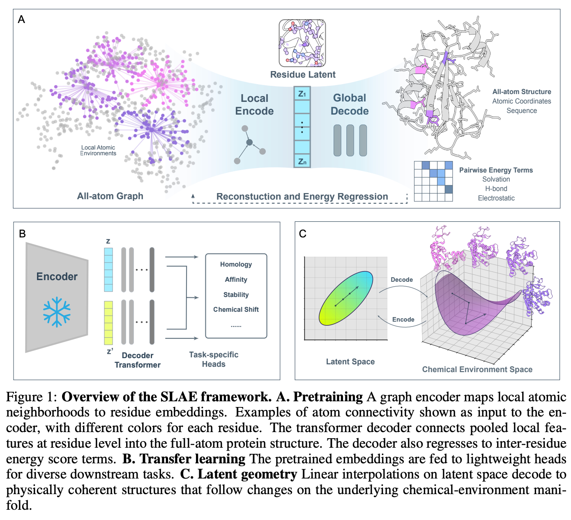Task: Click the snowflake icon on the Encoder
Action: tap(57, 312)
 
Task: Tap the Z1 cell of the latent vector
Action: tap(302, 94)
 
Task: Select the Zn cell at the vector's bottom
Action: tap(302, 161)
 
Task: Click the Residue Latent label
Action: tap(303, 74)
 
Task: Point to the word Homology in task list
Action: tap(236, 265)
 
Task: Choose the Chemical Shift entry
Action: tap(236, 310)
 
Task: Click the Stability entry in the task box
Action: tap(236, 295)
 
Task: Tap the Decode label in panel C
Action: tap(401, 280)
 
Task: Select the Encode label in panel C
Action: tap(403, 320)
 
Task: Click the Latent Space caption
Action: tap(350, 361)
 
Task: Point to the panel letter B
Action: tap(22, 234)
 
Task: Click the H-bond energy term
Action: tap(496, 189)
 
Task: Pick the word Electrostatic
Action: tap(496, 198)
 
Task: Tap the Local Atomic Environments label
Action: tap(98, 150)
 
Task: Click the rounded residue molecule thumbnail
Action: tap(302, 43)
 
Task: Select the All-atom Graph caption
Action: tap(110, 196)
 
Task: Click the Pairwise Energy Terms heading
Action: tap(495, 170)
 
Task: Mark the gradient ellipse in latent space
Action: tap(346, 298)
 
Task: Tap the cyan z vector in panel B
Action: tap(108, 269)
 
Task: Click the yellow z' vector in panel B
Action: tap(108, 323)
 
